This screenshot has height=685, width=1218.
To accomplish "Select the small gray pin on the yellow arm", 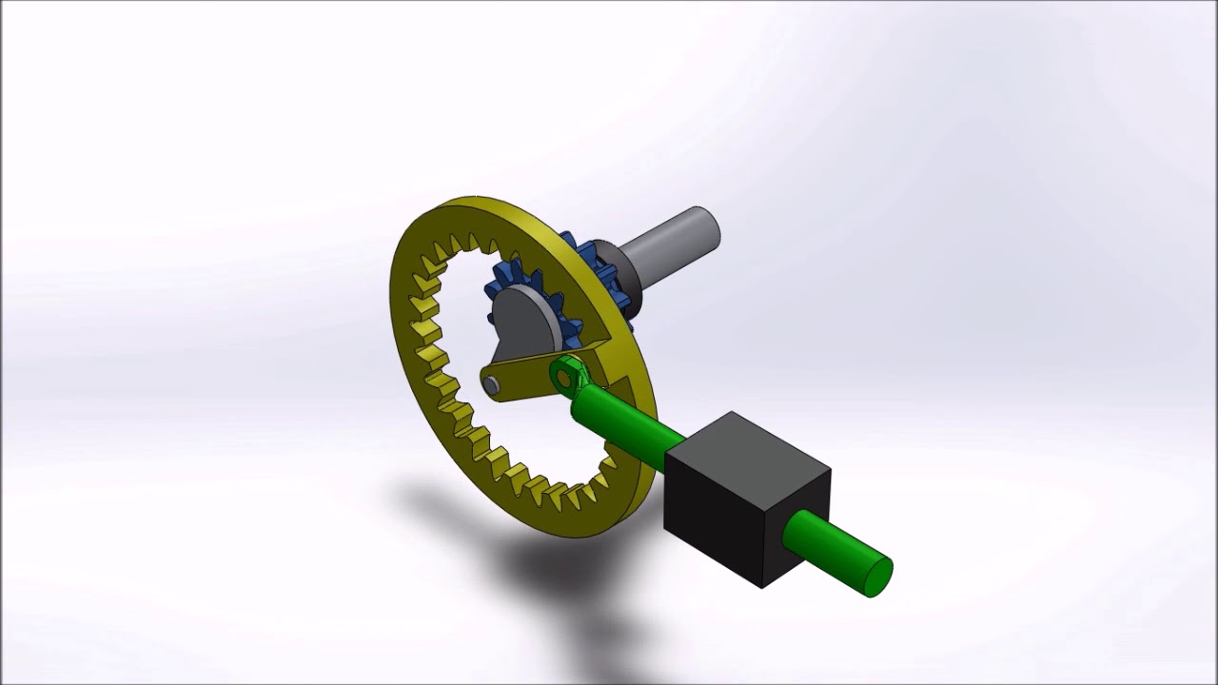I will pos(491,384).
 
